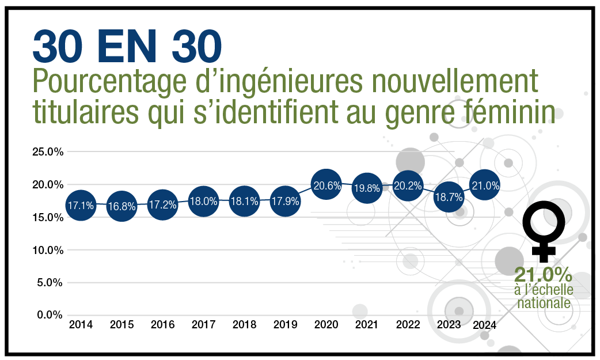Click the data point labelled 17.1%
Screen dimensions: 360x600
[81, 204]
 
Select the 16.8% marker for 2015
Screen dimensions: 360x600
[121, 207]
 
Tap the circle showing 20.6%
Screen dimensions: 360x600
[326, 185]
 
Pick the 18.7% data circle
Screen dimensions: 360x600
[449, 196]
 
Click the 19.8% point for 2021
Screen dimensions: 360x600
[367, 188]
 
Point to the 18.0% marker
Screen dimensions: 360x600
[203, 202]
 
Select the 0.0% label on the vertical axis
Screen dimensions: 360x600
[50, 315]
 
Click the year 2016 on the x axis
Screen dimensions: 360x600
[162, 325]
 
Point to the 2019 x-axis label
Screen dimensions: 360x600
[285, 325]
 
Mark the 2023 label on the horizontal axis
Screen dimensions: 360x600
[449, 325]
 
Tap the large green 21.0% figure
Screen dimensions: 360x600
[544, 274]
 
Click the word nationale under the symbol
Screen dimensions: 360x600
[544, 302]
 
